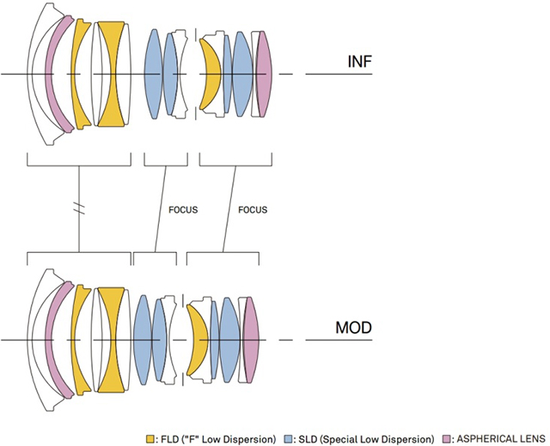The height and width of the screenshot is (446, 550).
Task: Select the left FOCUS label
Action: [x=183, y=209]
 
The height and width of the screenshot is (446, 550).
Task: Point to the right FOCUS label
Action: [x=253, y=209]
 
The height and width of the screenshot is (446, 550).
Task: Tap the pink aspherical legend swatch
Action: [x=445, y=438]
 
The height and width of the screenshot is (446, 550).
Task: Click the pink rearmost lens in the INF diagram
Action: [x=265, y=74]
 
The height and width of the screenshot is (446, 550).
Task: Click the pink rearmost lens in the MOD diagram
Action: [x=251, y=340]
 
